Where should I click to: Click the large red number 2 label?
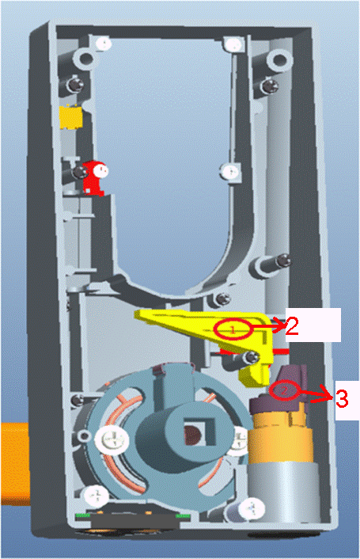(292, 326)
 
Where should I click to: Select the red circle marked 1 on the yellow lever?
(233, 329)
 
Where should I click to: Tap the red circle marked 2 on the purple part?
(284, 390)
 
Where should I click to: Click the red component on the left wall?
(94, 177)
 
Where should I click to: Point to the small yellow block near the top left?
(71, 117)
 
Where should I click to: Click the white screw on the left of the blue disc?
(112, 439)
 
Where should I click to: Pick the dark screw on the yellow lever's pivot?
(251, 356)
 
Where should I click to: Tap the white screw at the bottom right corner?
(252, 508)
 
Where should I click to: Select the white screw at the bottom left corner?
(96, 496)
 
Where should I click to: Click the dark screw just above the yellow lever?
(223, 299)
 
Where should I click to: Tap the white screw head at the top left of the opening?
(104, 44)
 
